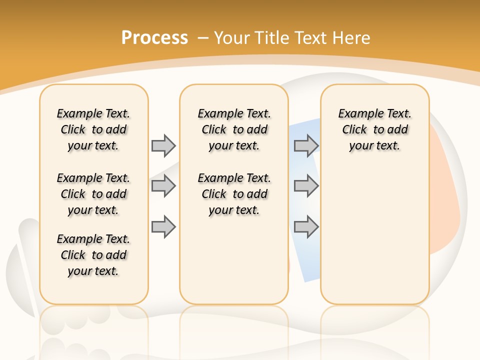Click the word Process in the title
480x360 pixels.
[154, 38]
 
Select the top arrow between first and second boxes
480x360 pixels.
[163, 145]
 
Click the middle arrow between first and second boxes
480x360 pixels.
[163, 186]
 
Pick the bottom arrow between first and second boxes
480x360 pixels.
[163, 226]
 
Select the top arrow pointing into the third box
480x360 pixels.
[306, 145]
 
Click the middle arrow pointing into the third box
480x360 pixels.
[306, 186]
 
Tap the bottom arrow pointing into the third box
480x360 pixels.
[306, 226]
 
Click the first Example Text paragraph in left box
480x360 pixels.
[93, 129]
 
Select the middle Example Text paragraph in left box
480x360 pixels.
[93, 194]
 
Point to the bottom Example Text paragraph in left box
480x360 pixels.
[93, 255]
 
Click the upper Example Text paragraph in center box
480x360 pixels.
[234, 129]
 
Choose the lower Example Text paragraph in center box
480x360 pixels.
[234, 194]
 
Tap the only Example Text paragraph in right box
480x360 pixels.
[374, 129]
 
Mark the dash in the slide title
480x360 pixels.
[203, 38]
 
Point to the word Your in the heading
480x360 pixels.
[232, 38]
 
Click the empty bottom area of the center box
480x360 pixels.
[234, 265]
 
